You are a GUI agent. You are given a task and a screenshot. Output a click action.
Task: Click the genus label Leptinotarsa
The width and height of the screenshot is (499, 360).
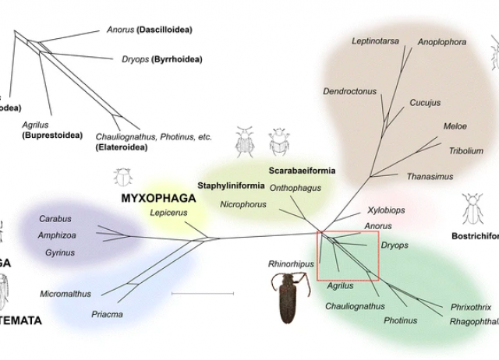(375, 41)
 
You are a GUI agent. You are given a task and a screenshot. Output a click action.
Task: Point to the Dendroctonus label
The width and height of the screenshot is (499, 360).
(349, 91)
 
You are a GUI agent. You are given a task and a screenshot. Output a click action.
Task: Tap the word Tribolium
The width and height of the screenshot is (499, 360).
(465, 150)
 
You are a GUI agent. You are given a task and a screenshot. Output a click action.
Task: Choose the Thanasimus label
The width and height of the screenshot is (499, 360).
(430, 177)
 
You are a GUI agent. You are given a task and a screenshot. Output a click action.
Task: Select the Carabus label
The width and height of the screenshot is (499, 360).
(55, 219)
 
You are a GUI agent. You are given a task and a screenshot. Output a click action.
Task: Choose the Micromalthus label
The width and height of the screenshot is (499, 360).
(65, 294)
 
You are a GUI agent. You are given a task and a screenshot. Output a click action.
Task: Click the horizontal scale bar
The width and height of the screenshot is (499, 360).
(202, 293)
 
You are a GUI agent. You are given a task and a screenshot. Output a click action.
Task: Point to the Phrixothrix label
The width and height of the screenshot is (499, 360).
(471, 307)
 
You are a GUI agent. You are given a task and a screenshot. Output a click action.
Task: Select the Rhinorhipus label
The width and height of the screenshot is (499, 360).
(290, 264)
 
